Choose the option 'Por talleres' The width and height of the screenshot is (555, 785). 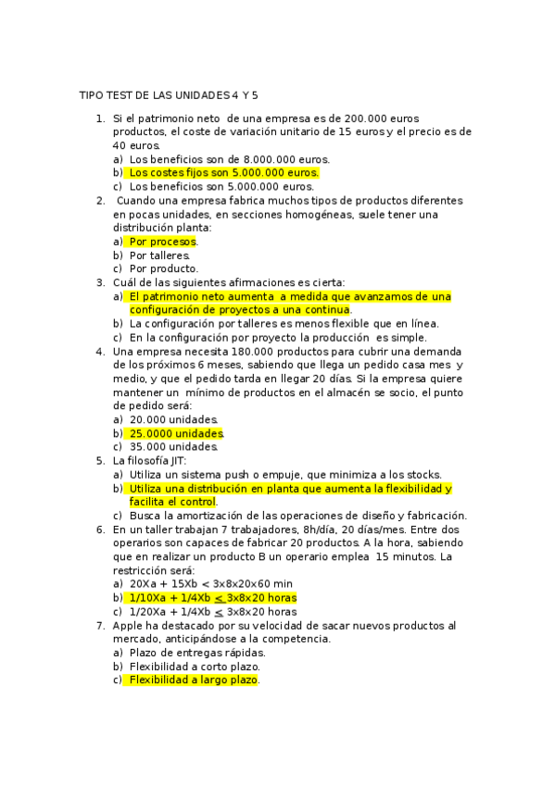pos(159,255)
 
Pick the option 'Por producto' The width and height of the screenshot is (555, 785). pos(163,268)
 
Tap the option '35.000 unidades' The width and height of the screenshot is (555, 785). pos(173,446)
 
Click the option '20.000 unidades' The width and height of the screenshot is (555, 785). pos(173,419)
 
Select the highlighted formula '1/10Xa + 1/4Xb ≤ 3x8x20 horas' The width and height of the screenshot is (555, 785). pos(213,598)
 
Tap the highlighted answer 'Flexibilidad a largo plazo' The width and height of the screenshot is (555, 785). pos(194,679)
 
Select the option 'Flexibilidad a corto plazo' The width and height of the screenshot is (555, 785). pos(195,667)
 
